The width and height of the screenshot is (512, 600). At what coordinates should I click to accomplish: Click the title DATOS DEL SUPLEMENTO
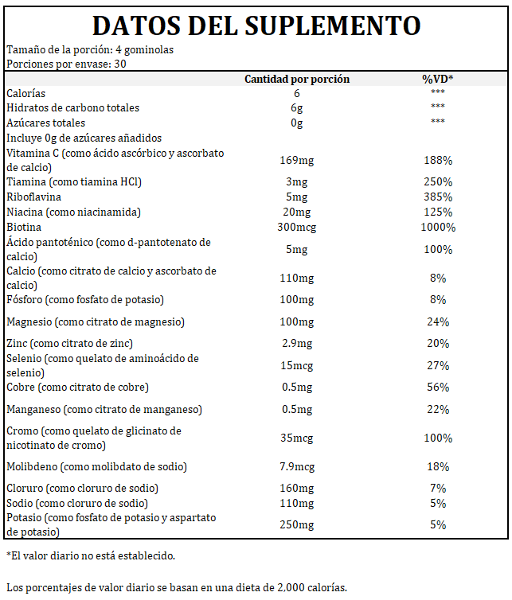click(256, 25)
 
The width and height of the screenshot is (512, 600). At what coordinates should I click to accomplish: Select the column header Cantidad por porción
click(297, 79)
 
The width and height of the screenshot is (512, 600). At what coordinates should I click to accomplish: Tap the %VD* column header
click(438, 79)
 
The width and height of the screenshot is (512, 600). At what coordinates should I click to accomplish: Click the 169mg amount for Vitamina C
click(297, 160)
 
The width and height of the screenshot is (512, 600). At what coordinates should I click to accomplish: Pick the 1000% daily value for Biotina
click(438, 228)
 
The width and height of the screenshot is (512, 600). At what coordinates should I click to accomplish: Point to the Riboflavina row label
click(33, 197)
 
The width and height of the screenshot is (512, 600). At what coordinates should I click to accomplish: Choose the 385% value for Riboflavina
click(438, 197)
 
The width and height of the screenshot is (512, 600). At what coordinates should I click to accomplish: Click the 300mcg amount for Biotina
click(297, 228)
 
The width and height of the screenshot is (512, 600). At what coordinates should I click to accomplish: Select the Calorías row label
click(25, 93)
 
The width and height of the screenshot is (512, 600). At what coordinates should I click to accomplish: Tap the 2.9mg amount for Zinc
click(297, 344)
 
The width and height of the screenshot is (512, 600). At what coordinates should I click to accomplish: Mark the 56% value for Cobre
click(438, 388)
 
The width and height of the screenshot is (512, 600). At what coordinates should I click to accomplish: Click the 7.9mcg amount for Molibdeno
click(297, 467)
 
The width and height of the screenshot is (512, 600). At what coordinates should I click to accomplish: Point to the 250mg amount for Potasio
click(297, 524)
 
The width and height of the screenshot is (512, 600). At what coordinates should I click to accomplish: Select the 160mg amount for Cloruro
click(297, 489)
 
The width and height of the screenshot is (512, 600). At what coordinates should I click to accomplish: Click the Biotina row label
click(24, 228)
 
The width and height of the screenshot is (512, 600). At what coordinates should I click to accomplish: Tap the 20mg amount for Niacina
click(297, 212)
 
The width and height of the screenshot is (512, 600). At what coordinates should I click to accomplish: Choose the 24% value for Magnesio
click(438, 321)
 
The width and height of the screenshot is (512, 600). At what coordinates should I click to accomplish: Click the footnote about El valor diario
click(91, 555)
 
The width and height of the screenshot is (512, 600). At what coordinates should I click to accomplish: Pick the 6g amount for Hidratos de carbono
click(297, 108)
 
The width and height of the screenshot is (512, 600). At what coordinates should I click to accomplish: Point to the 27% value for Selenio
click(438, 366)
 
